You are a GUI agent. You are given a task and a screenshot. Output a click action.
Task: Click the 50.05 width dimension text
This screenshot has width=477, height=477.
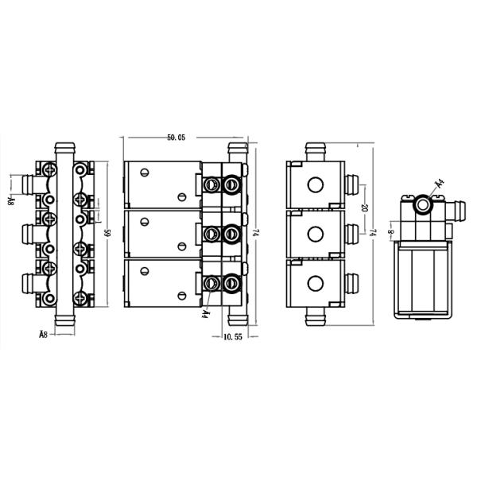(x=176, y=138)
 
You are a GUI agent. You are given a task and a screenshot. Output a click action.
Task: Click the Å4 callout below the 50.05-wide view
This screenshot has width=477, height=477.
(x=205, y=313)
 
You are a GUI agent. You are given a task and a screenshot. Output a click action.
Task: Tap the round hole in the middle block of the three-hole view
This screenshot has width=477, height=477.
(x=316, y=233)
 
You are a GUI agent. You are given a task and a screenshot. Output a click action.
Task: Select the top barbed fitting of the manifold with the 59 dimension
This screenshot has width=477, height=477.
(x=64, y=151)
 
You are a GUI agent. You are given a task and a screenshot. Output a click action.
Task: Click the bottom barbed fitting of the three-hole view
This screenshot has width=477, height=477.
(x=316, y=315)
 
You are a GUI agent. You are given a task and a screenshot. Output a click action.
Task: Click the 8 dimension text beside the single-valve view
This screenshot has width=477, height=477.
(x=389, y=232)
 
